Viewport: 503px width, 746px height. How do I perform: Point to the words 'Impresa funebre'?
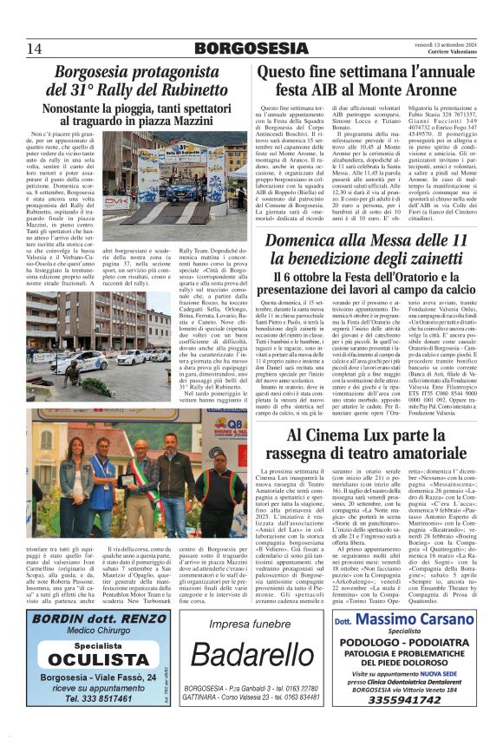pyautogui.click(x=251, y=623)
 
